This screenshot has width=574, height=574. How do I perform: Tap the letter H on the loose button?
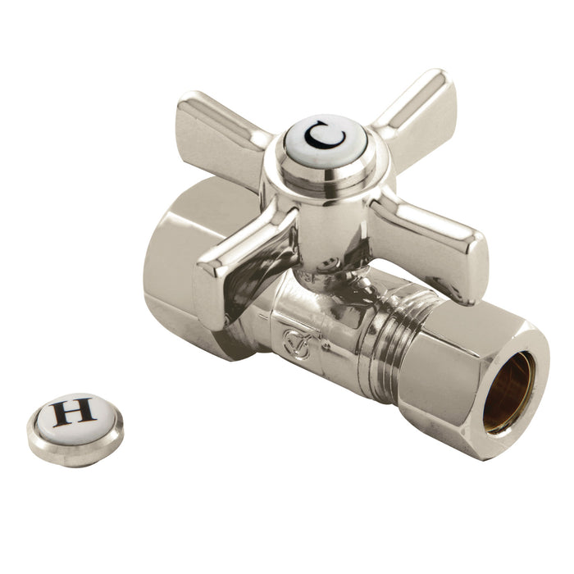(x=75, y=412)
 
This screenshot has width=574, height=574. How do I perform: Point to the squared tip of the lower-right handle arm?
(x=467, y=262)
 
